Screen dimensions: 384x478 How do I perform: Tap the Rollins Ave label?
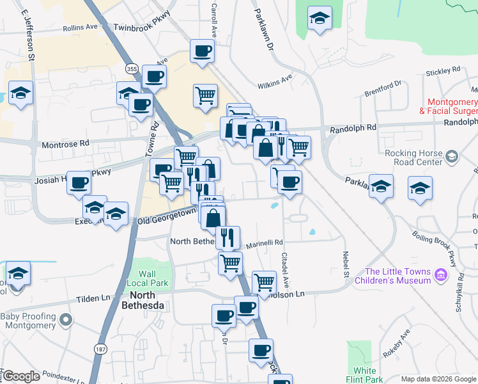(80, 28)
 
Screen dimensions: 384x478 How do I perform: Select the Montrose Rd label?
(65, 145)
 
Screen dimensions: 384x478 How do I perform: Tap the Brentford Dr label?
(383, 88)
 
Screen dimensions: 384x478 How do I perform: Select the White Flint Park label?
(365, 374)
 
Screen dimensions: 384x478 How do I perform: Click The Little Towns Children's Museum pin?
(440, 275)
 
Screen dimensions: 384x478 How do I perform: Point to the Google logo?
(21, 376)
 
